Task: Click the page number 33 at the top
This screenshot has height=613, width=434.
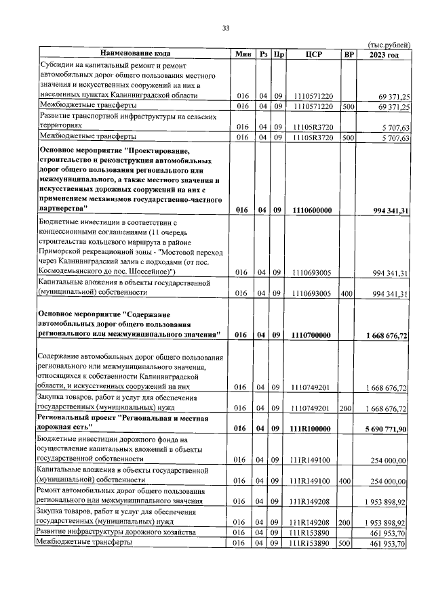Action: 226,28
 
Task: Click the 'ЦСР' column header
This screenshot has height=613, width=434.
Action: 313,54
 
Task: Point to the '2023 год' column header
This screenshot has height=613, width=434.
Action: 384,54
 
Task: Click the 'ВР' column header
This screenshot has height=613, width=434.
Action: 349,54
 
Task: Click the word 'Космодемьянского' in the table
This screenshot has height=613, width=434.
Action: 76,272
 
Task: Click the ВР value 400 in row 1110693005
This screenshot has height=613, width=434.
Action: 349,293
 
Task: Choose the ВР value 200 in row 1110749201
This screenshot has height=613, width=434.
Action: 349,409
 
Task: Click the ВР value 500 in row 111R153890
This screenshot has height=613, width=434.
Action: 349,543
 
